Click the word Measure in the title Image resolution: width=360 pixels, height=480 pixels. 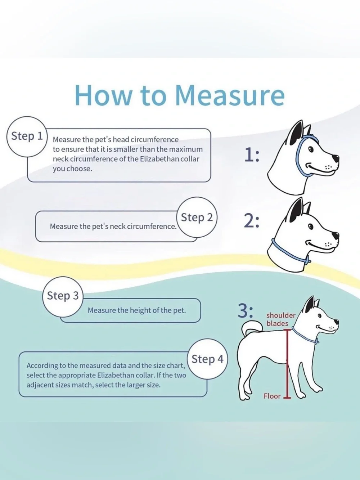point(230,95)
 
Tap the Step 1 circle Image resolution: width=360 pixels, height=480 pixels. point(27,136)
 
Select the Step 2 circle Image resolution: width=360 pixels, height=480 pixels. point(197,217)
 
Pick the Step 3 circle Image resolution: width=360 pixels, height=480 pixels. point(63,296)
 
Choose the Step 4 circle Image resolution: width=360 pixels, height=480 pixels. point(207,359)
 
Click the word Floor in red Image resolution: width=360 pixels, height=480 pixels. point(272,396)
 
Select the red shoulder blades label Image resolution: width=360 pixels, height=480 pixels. point(281,319)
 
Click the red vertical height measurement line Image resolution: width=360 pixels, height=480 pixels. point(287,363)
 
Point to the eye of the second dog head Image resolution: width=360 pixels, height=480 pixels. point(311,226)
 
